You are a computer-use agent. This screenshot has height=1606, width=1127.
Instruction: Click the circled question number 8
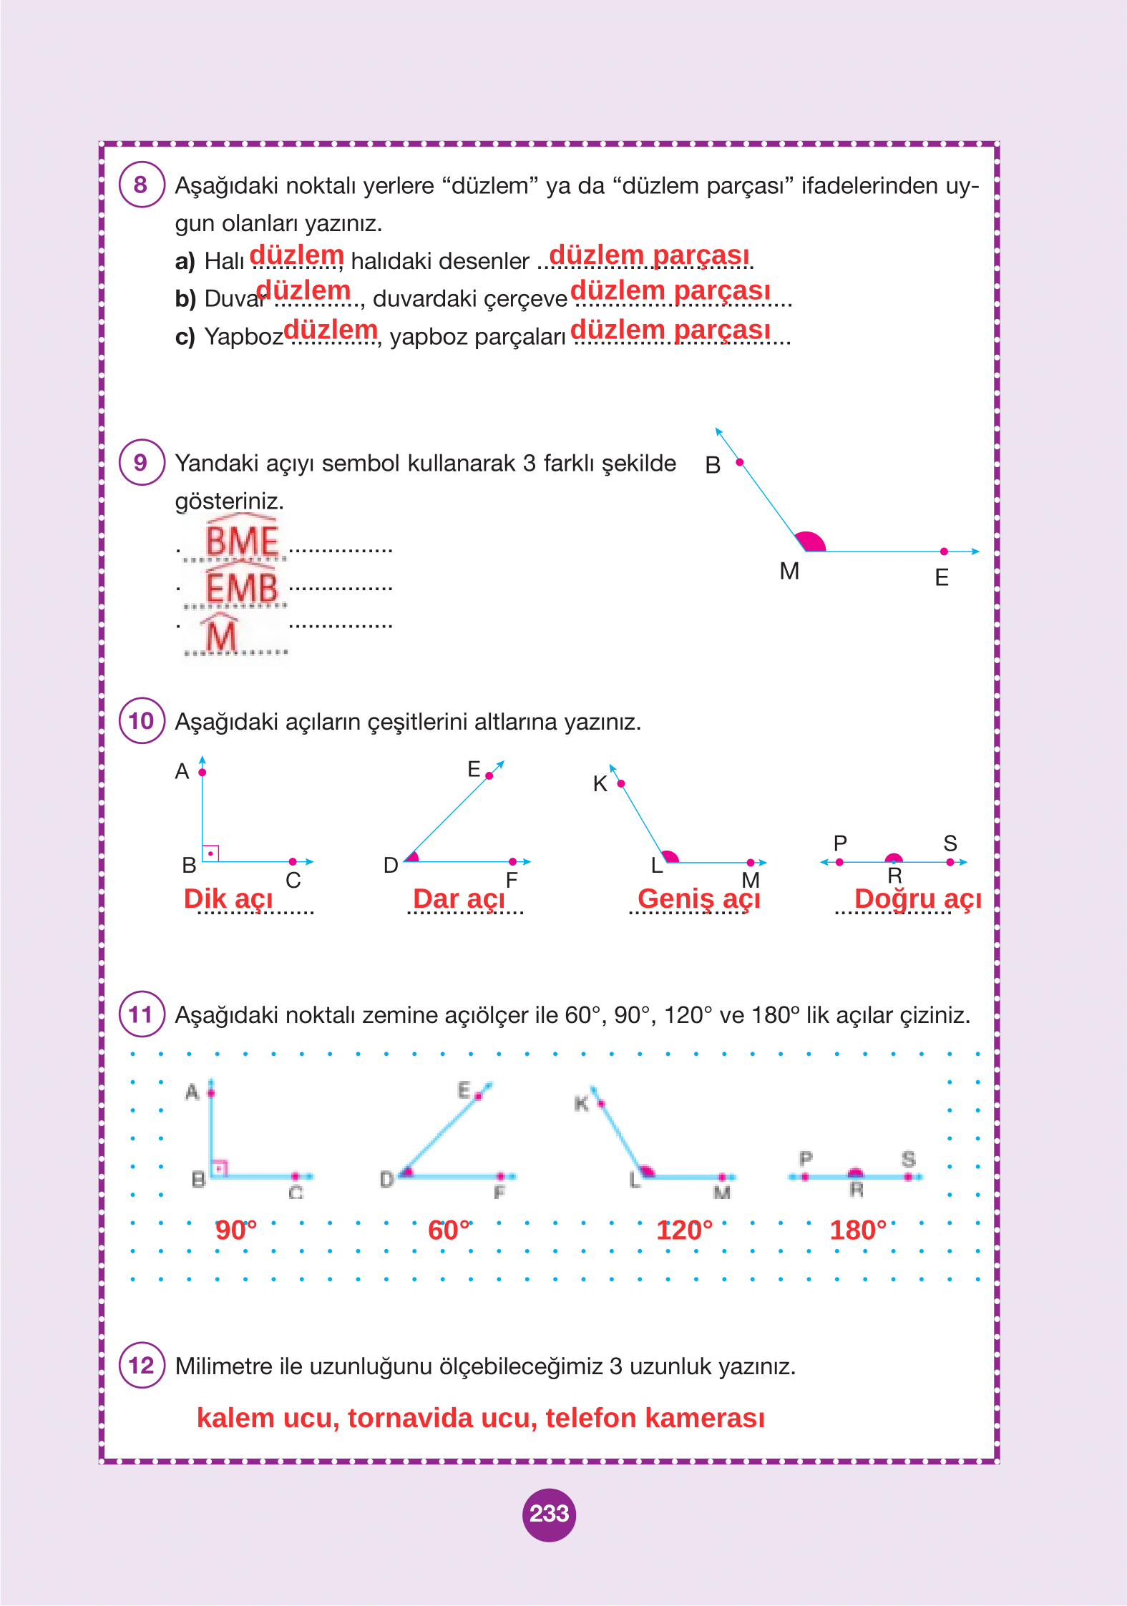pos(141,185)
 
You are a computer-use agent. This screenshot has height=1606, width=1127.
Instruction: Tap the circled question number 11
pos(141,1014)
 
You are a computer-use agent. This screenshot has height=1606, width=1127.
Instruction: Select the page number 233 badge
pos(549,1514)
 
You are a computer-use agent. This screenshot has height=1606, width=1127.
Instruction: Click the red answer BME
pos(242,540)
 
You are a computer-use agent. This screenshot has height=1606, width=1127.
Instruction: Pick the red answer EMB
pos(242,588)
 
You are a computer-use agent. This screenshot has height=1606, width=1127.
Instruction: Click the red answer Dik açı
pos(228,899)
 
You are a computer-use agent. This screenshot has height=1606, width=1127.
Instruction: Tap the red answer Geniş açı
pos(698,899)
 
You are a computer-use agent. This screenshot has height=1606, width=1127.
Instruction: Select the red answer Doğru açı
pos(917,899)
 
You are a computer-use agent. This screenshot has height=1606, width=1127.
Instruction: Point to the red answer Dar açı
pos(459,899)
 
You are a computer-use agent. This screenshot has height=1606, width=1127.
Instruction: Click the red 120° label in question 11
pos(684,1230)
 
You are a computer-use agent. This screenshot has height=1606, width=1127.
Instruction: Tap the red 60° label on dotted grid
pos(449,1230)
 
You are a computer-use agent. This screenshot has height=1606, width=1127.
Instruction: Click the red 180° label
pos(857,1230)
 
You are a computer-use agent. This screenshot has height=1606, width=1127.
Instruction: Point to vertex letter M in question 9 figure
pos(789,571)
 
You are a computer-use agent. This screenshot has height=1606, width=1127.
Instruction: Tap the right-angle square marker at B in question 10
pos(210,853)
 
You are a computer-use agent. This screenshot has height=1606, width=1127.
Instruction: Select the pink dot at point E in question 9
pos(944,552)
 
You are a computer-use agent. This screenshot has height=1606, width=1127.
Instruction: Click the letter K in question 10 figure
pos(600,784)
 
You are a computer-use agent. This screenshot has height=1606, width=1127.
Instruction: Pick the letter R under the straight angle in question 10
pos(894,876)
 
